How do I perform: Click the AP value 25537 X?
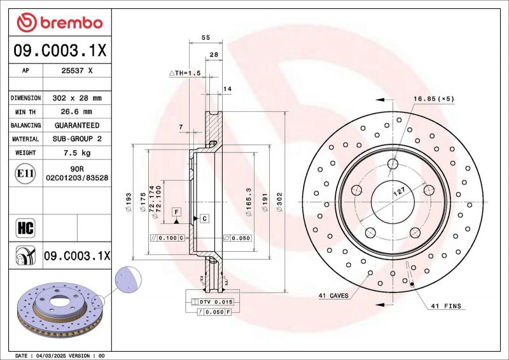pyautogui.click(x=77, y=71)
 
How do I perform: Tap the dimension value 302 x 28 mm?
pyautogui.click(x=77, y=99)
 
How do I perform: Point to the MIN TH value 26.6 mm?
pyautogui.click(x=77, y=112)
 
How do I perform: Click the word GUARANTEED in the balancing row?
pyautogui.click(x=77, y=125)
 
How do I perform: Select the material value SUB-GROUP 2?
pyautogui.click(x=77, y=139)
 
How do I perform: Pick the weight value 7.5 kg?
pyautogui.click(x=77, y=153)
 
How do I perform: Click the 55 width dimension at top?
pyautogui.click(x=206, y=38)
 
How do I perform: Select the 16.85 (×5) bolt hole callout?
pyautogui.click(x=434, y=99)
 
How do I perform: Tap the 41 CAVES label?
pyautogui.click(x=333, y=296)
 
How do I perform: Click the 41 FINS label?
pyautogui.click(x=446, y=306)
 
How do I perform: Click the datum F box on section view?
pyautogui.click(x=176, y=211)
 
